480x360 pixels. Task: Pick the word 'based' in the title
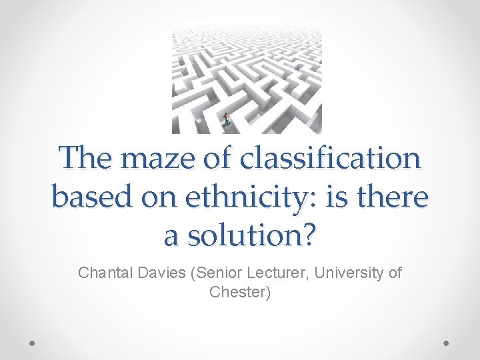click(91, 197)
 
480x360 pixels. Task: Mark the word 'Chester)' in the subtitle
click(240, 292)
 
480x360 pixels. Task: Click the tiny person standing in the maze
click(226, 119)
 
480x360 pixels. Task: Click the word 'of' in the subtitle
click(395, 273)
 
